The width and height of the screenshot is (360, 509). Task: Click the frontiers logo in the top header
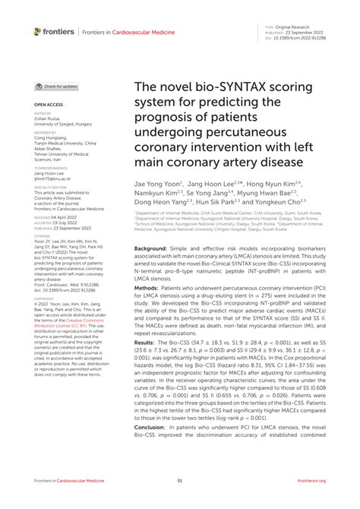[x=54, y=31]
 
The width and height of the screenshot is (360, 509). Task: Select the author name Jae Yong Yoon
[x=158, y=184]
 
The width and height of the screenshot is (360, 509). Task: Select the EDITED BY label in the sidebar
[x=43, y=113]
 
